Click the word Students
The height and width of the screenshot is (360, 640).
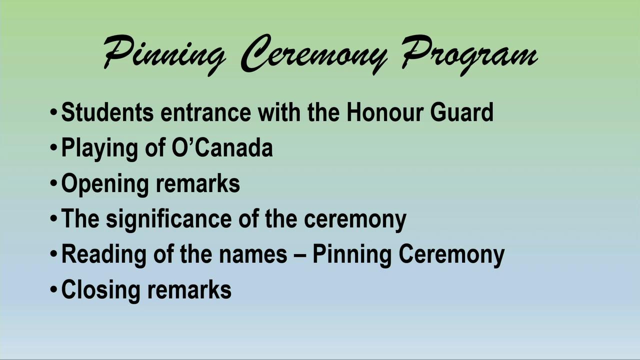pos(107,112)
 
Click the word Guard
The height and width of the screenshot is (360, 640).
pos(462,112)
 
